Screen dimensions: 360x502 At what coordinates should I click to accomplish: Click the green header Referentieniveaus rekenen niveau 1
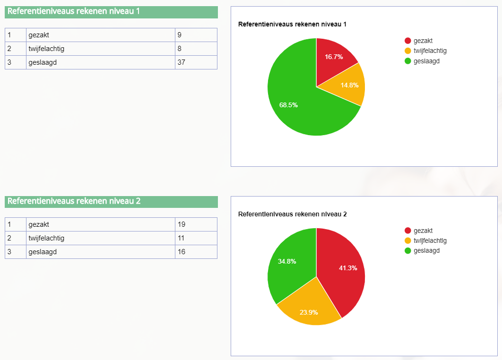tap(111, 12)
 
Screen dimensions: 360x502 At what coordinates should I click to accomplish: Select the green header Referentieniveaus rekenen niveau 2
tap(111, 202)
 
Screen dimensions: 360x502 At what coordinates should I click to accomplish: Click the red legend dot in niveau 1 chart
tap(408, 41)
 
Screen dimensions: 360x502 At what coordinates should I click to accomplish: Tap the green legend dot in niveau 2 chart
tap(408, 250)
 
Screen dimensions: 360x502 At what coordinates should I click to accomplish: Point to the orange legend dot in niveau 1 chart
tap(408, 51)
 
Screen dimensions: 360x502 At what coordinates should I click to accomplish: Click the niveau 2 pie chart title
tap(293, 214)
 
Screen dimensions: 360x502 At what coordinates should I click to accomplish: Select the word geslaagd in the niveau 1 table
tap(43, 62)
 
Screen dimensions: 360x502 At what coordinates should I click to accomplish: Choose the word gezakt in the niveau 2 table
tap(39, 224)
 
